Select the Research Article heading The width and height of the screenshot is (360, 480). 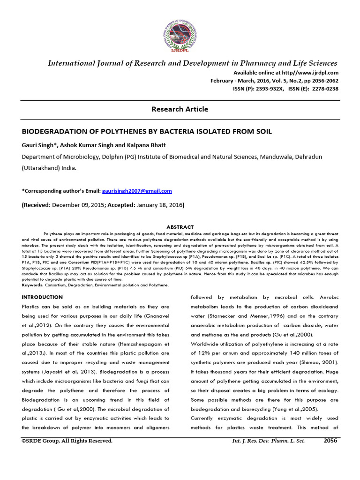click(x=180, y=109)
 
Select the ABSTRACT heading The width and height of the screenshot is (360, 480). click(x=180, y=227)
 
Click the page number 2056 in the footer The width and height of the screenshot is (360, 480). click(x=330, y=441)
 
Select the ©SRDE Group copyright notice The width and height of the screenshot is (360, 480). click(x=67, y=441)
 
